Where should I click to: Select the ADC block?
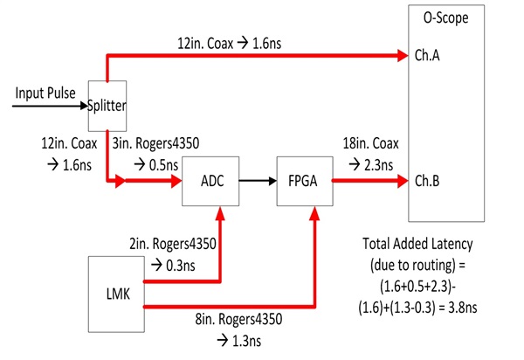pos(210,182)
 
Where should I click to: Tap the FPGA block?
pos(302,182)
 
